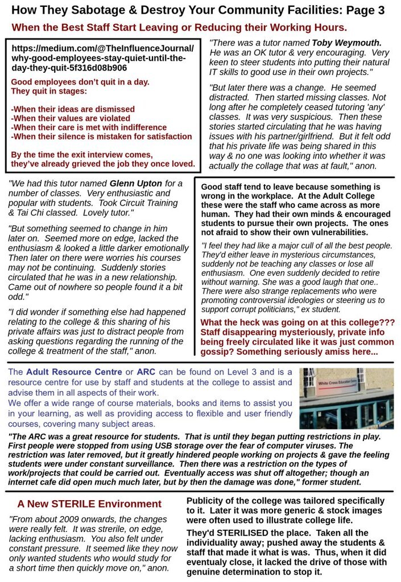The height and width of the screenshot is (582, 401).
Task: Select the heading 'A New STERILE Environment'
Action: point(89,504)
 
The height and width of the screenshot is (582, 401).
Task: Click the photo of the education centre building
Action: point(346,398)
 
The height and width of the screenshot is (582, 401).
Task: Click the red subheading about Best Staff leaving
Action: point(179,27)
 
